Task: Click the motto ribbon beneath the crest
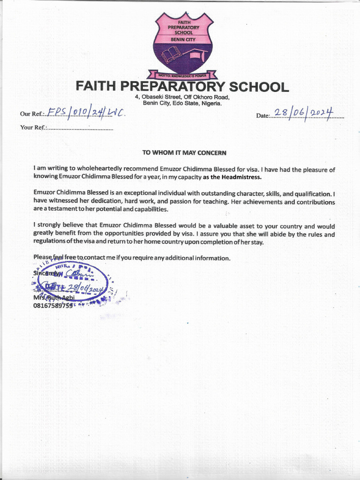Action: coord(182,75)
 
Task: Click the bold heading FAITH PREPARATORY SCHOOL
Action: coord(182,87)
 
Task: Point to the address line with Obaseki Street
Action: coord(182,97)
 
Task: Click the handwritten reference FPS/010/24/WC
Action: coord(86,113)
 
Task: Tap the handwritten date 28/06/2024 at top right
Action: coord(303,113)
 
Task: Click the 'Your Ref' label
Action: coord(32,127)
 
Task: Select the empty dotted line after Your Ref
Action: coord(80,128)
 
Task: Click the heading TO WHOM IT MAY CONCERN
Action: coord(184,152)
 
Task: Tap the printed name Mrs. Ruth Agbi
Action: coord(53,298)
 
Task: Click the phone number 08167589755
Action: coord(52,306)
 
